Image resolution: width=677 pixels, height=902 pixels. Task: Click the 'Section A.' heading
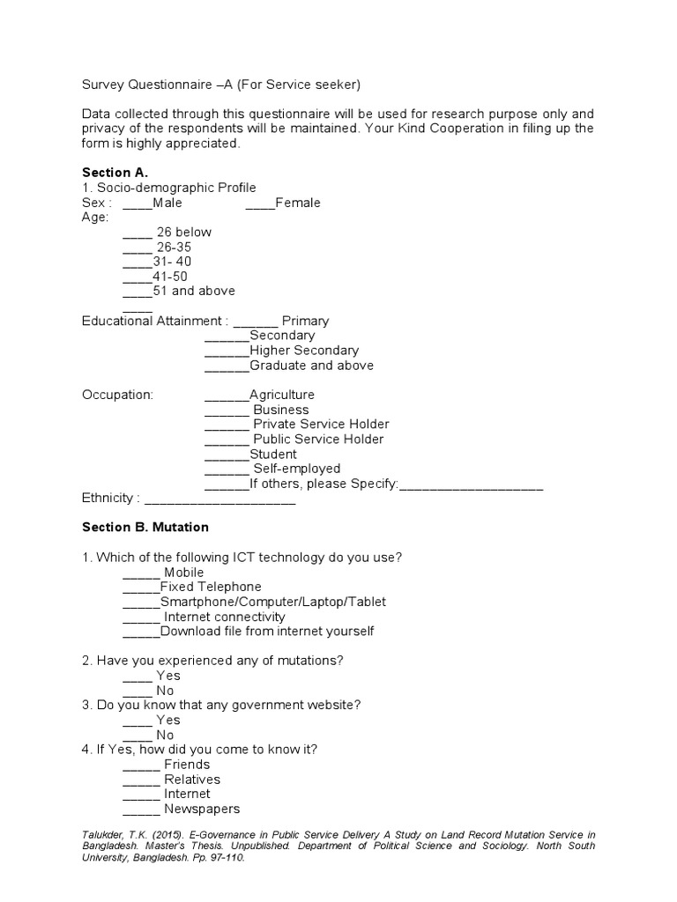(115, 173)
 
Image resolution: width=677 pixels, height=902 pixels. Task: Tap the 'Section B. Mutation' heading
(145, 527)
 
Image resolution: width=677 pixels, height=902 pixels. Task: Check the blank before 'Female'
(260, 203)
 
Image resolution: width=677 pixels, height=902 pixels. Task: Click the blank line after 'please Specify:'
(471, 484)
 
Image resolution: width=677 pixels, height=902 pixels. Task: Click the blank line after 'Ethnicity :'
(219, 499)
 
